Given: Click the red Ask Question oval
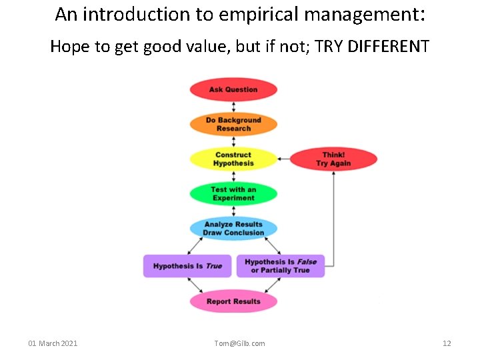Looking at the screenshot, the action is (233, 89).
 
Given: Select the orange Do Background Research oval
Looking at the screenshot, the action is (233, 124).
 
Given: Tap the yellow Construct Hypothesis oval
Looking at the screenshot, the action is (233, 159).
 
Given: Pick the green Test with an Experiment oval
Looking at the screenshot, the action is (233, 194).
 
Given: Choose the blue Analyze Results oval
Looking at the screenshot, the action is (233, 229).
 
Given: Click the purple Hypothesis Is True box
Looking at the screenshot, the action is (187, 266).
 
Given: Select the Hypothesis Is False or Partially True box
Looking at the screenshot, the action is (280, 266).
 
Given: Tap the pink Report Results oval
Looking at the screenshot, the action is (233, 301).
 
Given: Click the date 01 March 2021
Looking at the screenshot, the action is (53, 343).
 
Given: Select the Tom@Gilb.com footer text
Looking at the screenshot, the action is (239, 343).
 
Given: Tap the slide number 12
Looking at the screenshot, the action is (447, 343).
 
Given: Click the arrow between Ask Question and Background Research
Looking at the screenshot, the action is (233, 107).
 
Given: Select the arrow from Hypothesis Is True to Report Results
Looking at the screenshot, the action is (198, 285).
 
